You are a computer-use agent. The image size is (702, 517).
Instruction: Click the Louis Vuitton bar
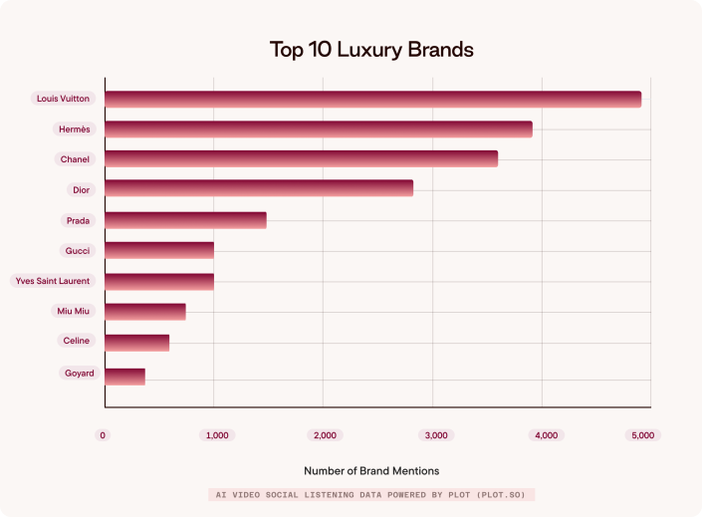point(372,99)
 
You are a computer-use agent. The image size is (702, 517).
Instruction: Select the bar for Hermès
point(319,129)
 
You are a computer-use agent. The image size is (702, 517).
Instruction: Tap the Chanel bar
point(301,159)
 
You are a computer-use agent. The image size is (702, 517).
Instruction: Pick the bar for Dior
point(259,188)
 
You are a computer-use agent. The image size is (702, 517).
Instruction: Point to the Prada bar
point(185,220)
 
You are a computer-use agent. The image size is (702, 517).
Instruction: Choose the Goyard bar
point(124,377)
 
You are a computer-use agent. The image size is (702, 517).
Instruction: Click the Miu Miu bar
point(145,312)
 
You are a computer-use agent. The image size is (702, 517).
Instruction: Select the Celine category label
point(76,341)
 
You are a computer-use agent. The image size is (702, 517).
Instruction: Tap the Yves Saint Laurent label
point(53,281)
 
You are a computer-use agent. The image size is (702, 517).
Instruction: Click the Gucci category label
point(78,251)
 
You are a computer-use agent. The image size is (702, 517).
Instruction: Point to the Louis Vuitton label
point(63,99)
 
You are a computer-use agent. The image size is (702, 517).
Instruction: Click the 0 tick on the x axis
point(103,435)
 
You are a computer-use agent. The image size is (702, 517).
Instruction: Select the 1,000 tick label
point(216,435)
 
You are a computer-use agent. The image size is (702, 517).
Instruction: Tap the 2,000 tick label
point(325,435)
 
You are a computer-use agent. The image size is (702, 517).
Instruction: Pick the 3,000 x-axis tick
point(435,435)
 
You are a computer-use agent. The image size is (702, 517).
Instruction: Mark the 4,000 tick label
point(546,435)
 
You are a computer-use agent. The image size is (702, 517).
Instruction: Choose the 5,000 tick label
point(643,435)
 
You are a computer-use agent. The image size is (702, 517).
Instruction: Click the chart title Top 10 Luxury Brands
point(371,49)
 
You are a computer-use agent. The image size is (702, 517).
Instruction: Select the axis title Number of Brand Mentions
point(370,470)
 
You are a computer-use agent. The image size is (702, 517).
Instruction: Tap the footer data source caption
point(371,494)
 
